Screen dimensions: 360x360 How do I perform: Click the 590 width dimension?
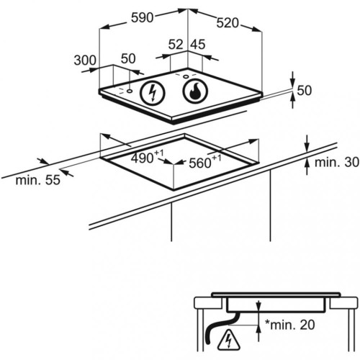click(142, 18)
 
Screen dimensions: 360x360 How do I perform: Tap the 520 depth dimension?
click(228, 23)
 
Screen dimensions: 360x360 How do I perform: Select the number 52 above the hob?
click(176, 45)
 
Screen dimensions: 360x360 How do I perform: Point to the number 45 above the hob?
click(198, 45)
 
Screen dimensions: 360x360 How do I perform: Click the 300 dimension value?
click(85, 60)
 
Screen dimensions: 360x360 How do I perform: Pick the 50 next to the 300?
click(128, 58)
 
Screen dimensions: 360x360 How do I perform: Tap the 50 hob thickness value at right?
click(305, 91)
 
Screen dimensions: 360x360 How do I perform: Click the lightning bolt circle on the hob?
click(153, 92)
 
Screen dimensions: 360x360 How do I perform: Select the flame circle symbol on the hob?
click(195, 91)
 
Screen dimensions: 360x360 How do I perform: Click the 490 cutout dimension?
click(148, 157)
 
